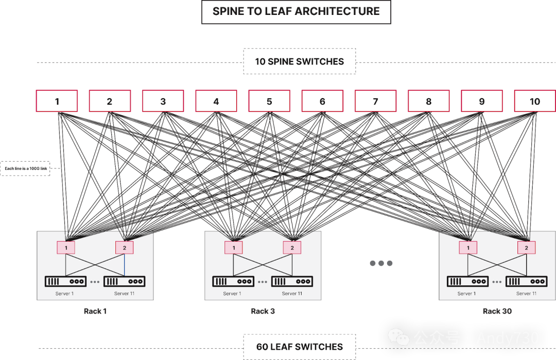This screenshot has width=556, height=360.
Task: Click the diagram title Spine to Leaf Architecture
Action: pos(296,11)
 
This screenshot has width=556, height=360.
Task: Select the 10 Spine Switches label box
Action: pos(299,61)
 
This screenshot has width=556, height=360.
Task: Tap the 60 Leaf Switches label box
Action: pos(299,347)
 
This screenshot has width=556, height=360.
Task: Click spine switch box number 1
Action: pos(57,101)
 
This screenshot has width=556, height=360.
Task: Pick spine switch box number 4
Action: pos(216,101)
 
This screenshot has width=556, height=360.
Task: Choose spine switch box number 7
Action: pos(375,101)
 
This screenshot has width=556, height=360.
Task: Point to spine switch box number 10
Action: pos(534,101)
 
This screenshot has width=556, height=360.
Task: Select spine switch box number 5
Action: pos(269,101)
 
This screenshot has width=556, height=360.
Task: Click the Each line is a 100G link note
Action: pos(25,168)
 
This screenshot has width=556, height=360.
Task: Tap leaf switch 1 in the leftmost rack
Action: pos(66,248)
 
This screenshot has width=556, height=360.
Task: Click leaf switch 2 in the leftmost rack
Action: pos(124,248)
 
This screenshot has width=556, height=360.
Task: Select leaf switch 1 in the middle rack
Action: pos(234,248)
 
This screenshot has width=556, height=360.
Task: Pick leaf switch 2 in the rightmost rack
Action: pos(526,248)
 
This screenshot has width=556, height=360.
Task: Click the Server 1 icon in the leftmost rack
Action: pos(65,282)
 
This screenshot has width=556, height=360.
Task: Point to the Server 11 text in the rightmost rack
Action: pos(526,294)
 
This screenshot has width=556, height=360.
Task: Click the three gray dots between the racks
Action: pos(381,263)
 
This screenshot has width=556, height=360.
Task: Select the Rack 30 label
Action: pos(497,311)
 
